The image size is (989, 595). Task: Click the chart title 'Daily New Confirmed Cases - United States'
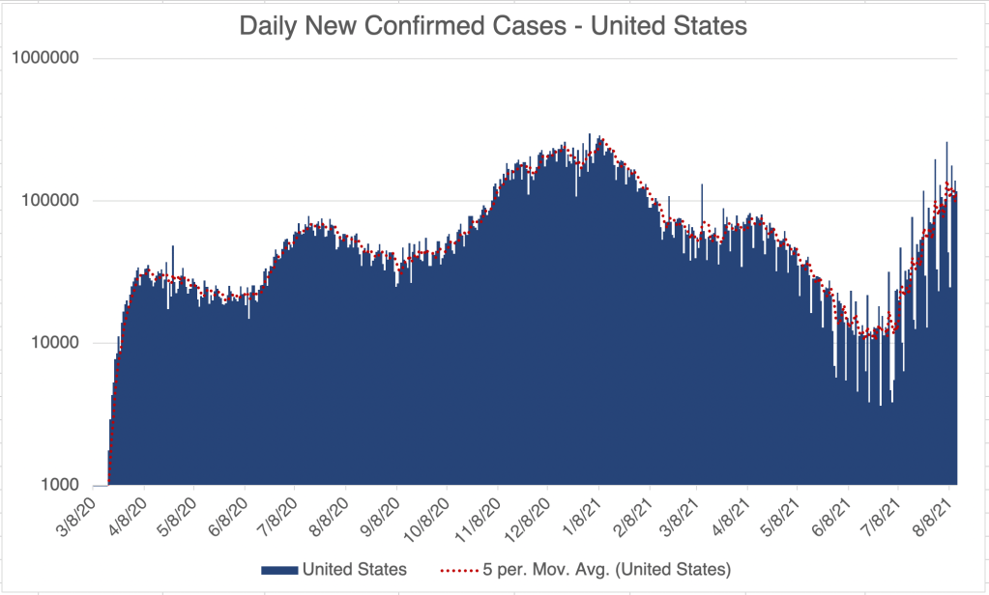point(493,26)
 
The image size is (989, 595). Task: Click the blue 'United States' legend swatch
point(278,569)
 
